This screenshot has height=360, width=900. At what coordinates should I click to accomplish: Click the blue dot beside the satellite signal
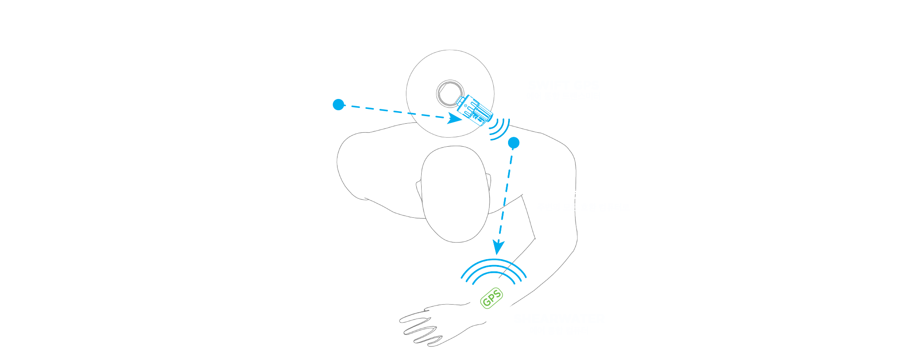pyautogui.click(x=338, y=105)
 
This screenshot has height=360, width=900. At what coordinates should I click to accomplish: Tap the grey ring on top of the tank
pyautogui.click(x=450, y=93)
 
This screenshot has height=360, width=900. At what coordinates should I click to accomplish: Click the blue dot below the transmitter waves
pyautogui.click(x=513, y=143)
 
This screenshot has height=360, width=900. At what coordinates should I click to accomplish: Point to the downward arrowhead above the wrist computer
pyautogui.click(x=498, y=247)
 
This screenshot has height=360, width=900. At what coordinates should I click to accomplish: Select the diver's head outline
pyautogui.click(x=454, y=193)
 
